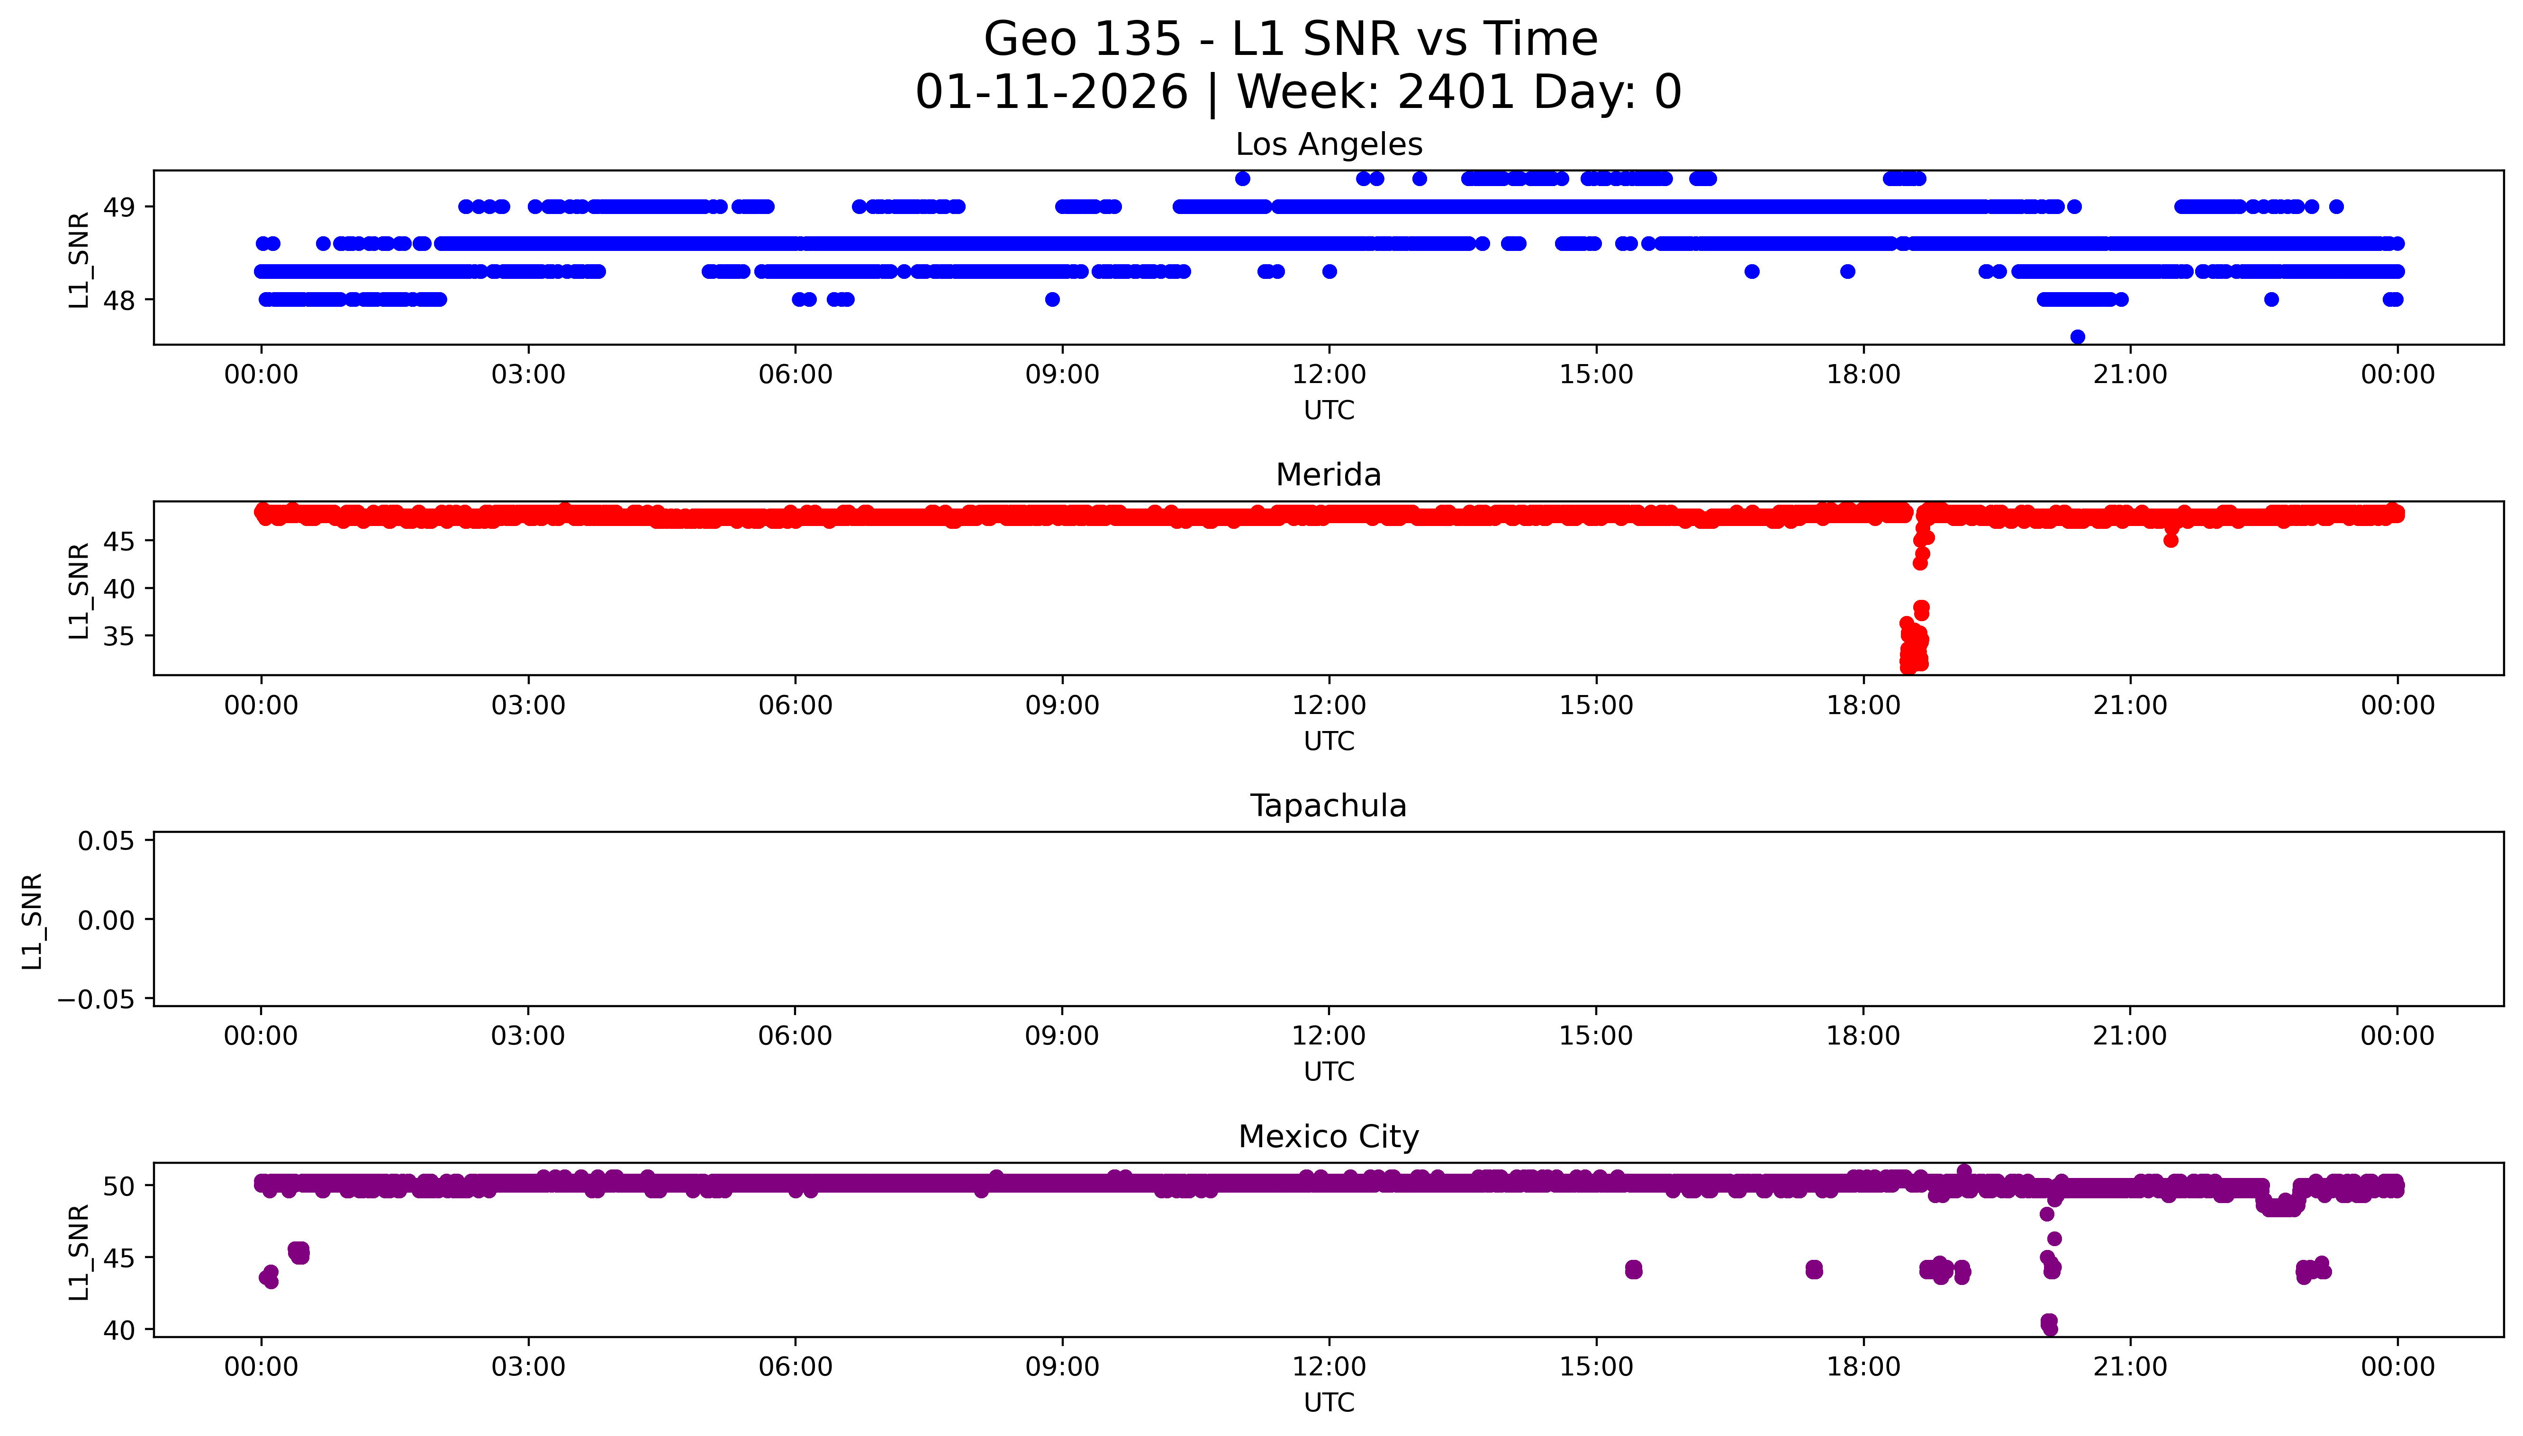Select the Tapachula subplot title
[1328, 806]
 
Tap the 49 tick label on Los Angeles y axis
[119, 207]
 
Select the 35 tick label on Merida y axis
[119, 636]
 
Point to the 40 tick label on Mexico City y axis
[119, 1330]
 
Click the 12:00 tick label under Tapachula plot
[1328, 1035]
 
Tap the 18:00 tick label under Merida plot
[1863, 705]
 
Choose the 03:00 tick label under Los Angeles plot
[528, 375]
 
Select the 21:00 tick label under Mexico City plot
[2130, 1367]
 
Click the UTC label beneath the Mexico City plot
[1328, 1401]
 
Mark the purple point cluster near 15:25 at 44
[1633, 1269]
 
